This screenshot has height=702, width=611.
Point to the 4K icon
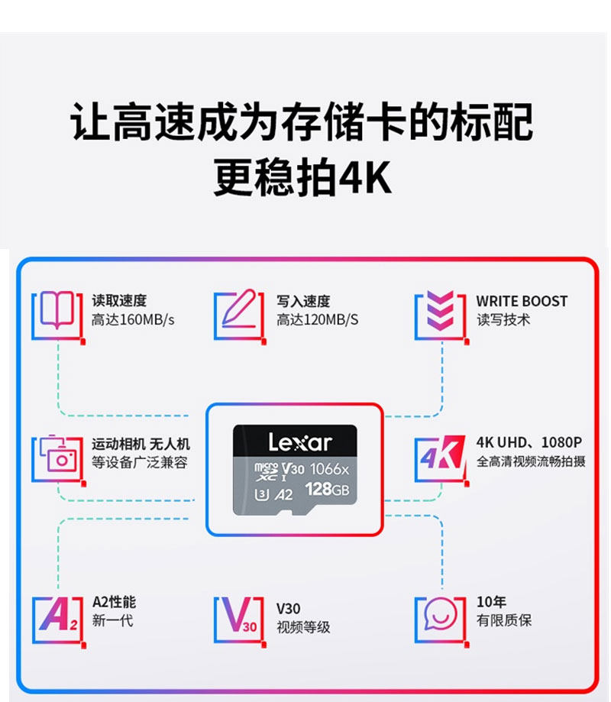441,456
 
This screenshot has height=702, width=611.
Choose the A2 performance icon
57,615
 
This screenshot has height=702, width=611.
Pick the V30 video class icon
239,615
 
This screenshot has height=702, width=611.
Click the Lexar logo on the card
300,442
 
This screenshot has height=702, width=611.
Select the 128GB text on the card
327,489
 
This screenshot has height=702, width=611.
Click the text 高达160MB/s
133,320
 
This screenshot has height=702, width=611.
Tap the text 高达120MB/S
317,320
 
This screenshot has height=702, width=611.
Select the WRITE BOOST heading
522,301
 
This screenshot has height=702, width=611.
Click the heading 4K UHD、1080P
529,442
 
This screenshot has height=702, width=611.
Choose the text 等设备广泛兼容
139,463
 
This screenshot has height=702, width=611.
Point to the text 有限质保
503,621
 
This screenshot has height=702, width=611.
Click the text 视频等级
303,627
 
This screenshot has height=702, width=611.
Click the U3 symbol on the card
261,494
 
